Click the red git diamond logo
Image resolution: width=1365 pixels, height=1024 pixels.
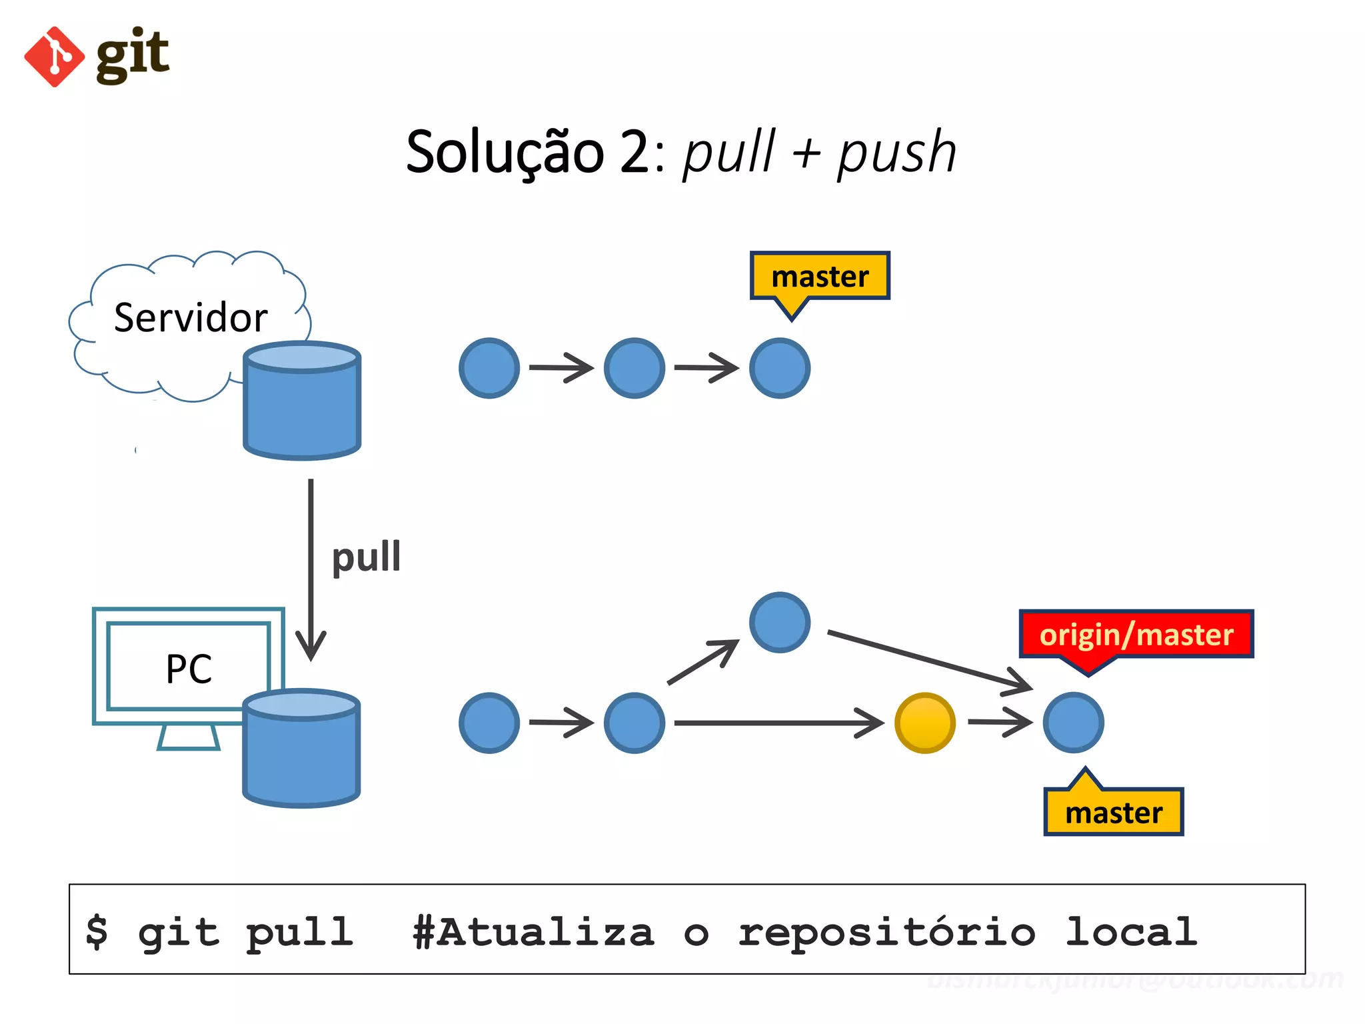(x=54, y=57)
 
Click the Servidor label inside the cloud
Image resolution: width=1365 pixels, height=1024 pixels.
(x=191, y=317)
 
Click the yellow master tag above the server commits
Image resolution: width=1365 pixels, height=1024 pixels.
(x=820, y=276)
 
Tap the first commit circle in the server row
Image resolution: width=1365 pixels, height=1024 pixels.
(x=489, y=368)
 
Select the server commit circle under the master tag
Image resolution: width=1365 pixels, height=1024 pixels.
(x=779, y=368)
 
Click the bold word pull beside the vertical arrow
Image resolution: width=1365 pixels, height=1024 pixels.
(x=366, y=557)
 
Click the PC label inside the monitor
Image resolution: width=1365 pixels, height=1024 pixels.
(x=189, y=669)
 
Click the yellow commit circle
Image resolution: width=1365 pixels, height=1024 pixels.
(x=924, y=723)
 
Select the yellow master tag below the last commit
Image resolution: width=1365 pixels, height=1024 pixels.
(x=1113, y=813)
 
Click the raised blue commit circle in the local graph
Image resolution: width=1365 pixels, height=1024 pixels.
(x=779, y=622)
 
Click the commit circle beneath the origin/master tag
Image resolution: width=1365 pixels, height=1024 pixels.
(x=1073, y=723)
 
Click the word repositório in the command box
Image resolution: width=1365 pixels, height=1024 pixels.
(x=886, y=932)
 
